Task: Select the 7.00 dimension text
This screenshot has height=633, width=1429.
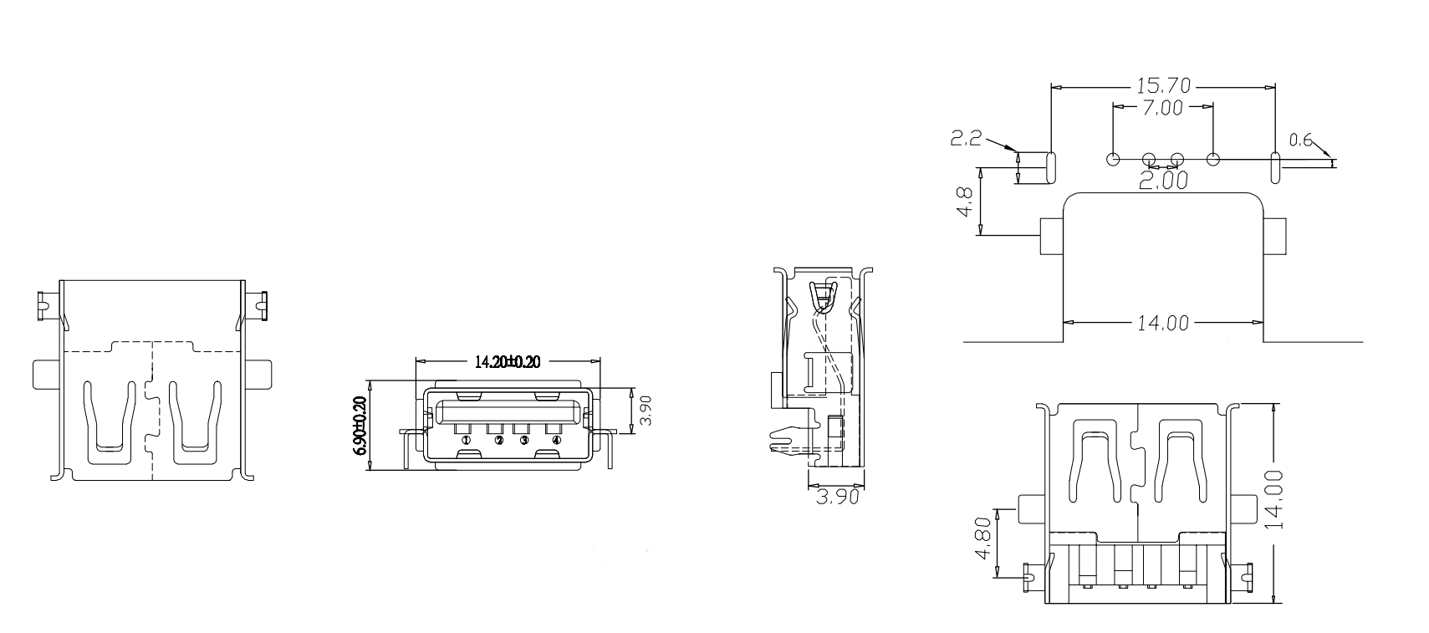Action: point(1163,107)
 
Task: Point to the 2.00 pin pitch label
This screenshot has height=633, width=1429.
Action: point(1163,181)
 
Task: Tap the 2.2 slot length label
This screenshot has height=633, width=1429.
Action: point(966,139)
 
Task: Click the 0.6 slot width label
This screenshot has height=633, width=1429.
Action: point(1301,141)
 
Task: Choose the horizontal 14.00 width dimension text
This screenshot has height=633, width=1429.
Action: point(1163,322)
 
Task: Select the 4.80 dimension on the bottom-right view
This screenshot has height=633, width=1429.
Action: point(983,542)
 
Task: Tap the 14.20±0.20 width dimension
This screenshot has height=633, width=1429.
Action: point(508,361)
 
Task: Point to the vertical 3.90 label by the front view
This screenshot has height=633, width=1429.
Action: point(645,411)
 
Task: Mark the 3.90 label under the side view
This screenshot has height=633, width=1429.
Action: point(837,498)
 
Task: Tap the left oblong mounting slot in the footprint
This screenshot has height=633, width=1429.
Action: point(1051,167)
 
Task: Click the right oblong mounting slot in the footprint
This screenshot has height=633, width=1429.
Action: point(1275,167)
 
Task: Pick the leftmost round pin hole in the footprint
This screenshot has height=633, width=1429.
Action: point(1113,159)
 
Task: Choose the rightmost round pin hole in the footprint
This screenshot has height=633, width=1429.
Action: point(1213,159)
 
